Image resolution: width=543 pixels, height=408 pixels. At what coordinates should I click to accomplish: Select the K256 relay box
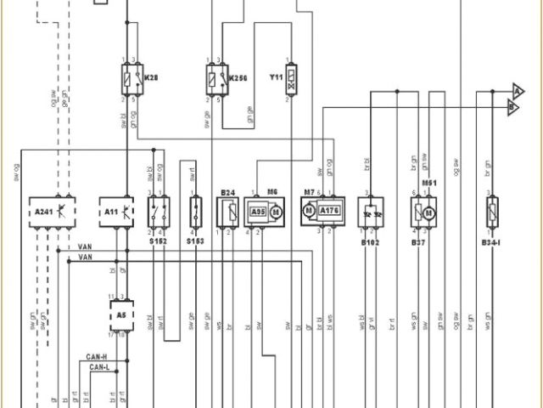tap(216, 81)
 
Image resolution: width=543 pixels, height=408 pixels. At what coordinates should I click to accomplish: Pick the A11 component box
tap(118, 210)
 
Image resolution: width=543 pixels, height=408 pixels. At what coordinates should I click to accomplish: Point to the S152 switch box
tap(159, 210)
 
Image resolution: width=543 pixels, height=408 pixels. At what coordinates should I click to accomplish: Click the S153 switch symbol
tap(195, 210)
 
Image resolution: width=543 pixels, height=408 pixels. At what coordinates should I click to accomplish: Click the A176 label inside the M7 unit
tap(330, 211)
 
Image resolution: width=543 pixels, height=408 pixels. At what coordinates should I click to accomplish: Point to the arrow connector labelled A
tap(517, 90)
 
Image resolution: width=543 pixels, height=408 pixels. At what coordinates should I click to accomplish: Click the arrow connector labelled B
tap(512, 107)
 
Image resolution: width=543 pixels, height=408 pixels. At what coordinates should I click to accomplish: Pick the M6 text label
tap(272, 192)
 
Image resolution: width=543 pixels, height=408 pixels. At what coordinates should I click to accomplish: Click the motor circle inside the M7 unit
tap(310, 211)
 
